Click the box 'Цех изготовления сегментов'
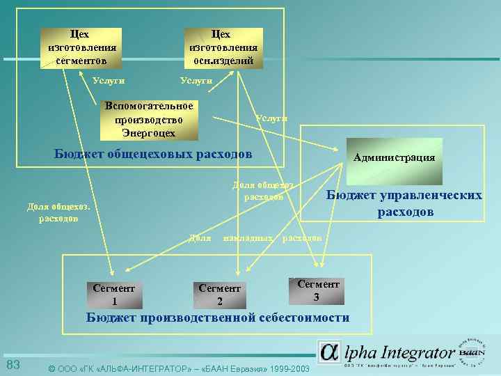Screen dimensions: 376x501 (81, 48)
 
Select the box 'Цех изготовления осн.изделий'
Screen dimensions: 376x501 (223, 48)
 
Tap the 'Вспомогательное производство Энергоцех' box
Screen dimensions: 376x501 (148, 120)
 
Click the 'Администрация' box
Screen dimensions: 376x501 (394, 157)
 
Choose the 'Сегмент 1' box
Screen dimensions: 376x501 (114, 295)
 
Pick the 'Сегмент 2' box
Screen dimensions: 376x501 (219, 295)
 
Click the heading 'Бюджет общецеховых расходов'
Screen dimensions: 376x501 (153, 153)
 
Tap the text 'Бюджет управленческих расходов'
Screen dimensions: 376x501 (404, 203)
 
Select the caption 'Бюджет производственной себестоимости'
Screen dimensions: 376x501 (218, 318)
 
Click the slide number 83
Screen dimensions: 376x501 (13, 366)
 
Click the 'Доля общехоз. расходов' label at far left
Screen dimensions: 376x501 (58, 212)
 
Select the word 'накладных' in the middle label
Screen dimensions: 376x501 (247, 238)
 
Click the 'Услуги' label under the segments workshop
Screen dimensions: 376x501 (109, 81)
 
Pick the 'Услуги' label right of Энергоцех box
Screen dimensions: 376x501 (271, 118)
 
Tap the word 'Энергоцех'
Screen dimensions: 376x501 (149, 132)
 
